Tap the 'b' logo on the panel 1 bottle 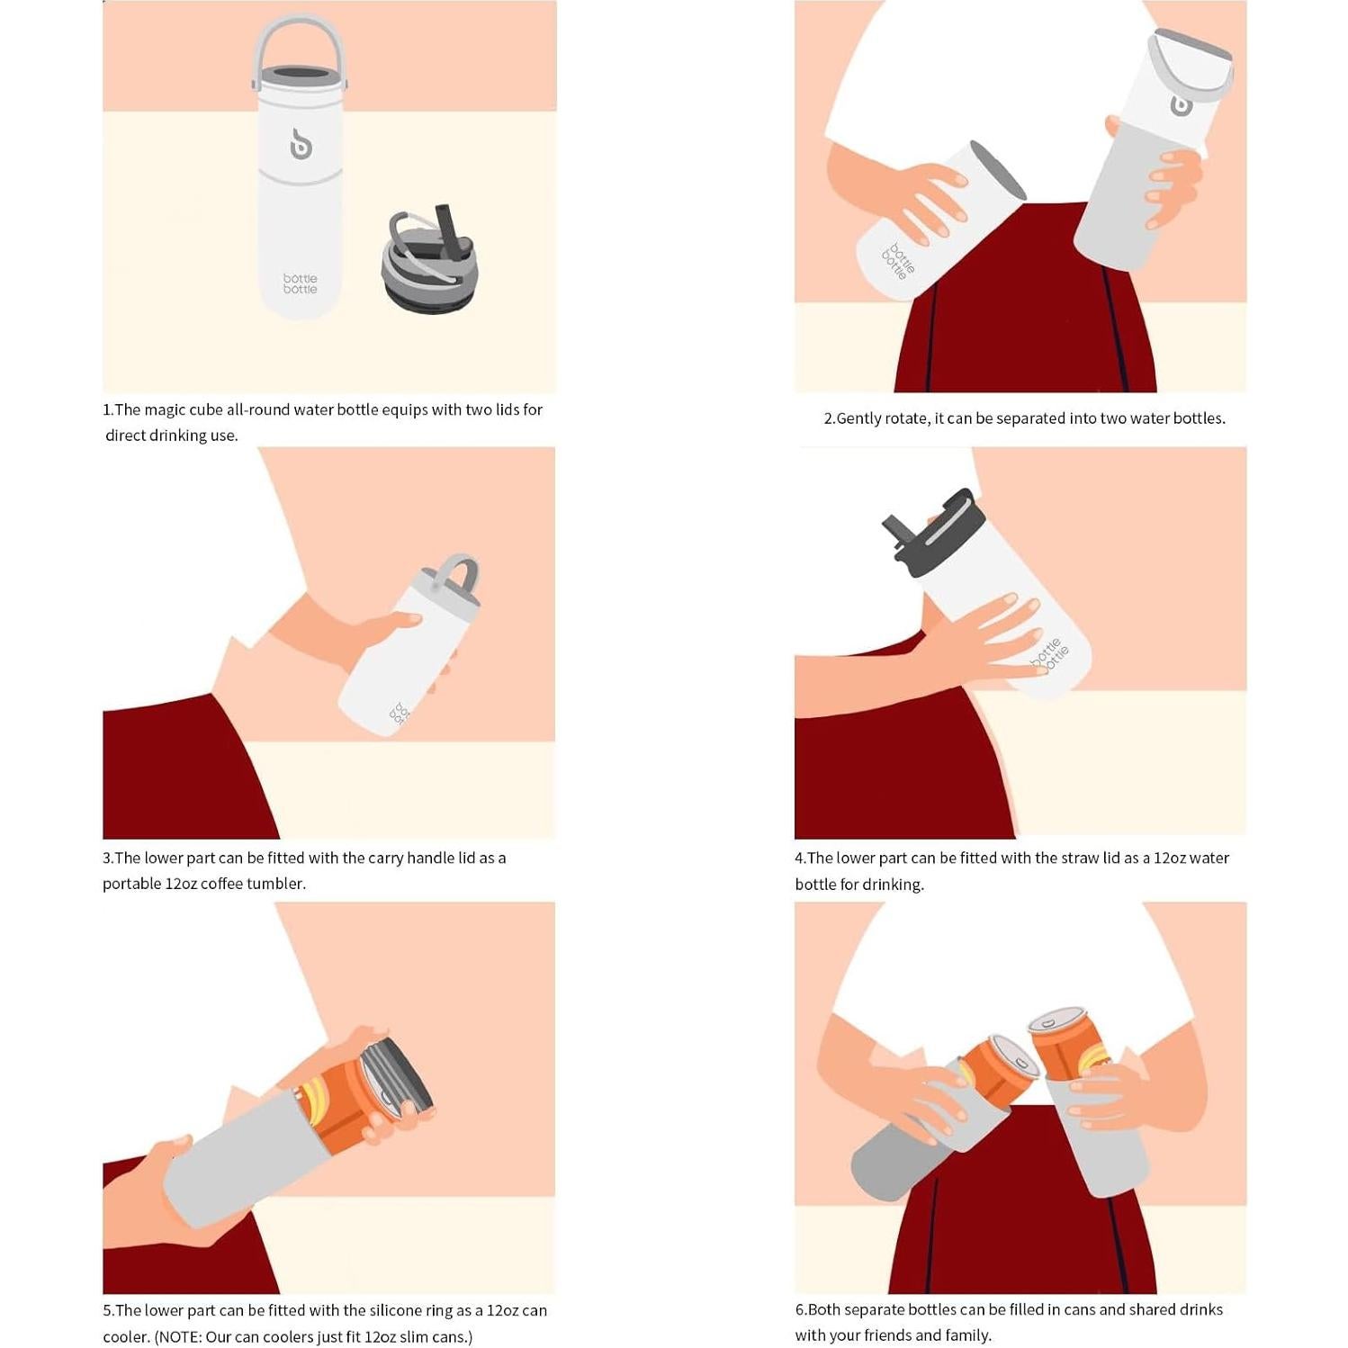pos(301,144)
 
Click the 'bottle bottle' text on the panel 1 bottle pos(301,283)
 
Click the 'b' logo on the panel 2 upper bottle pos(1181,103)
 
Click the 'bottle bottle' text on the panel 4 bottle pos(1050,654)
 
